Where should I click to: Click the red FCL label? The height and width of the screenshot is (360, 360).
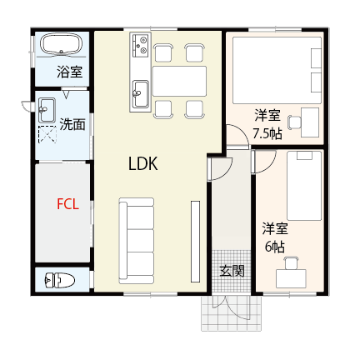(x=67, y=203)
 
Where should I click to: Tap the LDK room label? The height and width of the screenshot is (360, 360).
(x=142, y=165)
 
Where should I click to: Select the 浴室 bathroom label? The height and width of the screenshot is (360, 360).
(x=69, y=72)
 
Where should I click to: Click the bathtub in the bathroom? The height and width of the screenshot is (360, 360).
(x=60, y=45)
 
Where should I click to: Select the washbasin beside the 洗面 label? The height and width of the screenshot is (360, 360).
(x=47, y=109)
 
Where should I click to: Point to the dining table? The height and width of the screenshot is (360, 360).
(x=178, y=81)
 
